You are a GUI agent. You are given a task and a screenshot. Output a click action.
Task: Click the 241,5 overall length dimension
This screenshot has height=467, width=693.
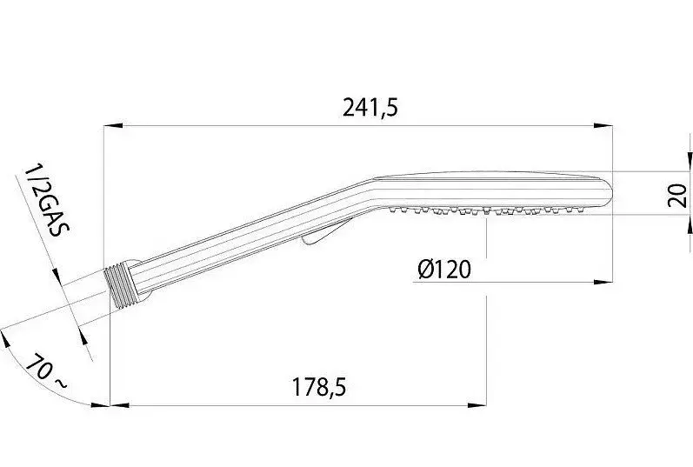pyautogui.click(x=370, y=108)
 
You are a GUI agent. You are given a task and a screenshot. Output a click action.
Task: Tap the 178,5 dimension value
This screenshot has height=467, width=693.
pyautogui.click(x=319, y=387)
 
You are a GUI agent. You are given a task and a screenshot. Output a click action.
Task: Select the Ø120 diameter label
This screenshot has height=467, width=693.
pyautogui.click(x=444, y=270)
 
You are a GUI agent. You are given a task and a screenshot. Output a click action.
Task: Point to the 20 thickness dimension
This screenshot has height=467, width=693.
pyautogui.click(x=676, y=196)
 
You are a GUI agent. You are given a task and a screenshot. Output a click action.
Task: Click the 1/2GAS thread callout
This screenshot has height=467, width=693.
pyautogui.click(x=47, y=201)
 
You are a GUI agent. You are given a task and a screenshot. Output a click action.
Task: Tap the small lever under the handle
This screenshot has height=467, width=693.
pyautogui.click(x=324, y=232)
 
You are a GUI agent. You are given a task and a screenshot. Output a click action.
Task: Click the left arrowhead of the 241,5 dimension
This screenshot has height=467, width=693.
pyautogui.click(x=113, y=126)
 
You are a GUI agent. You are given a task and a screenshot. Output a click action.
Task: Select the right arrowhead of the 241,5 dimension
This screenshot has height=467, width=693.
pyautogui.click(x=603, y=126)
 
